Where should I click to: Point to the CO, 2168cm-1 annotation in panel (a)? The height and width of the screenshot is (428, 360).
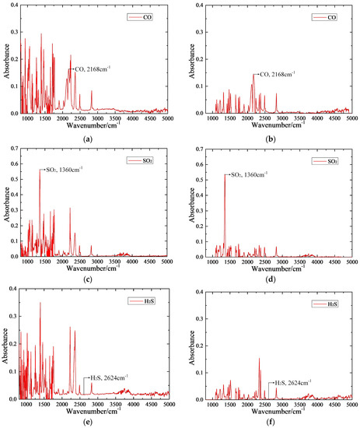pyautogui.click(x=94, y=69)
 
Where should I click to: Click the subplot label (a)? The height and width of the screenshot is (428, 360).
pyautogui.click(x=90, y=138)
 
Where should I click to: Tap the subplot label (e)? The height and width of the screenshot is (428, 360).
pyautogui.click(x=90, y=421)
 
